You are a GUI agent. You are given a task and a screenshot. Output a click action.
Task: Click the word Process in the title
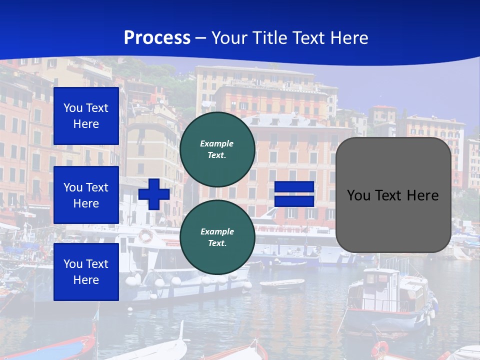157,38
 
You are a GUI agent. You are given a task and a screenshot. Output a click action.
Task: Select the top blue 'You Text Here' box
86,116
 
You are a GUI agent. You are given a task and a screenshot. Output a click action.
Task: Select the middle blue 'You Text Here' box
86,195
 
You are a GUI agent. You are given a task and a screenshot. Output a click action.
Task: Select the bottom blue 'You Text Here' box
86,272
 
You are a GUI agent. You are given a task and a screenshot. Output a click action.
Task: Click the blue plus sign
154,194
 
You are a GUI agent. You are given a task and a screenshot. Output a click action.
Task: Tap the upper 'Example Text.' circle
217,149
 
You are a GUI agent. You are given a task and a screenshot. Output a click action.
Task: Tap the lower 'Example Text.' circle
217,237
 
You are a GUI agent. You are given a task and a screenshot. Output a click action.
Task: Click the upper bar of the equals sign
294,187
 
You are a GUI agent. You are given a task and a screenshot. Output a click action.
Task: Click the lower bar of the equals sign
294,201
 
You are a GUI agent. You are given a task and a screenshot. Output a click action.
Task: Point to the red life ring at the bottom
380,348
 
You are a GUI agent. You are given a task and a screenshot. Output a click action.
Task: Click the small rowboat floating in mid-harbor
282,284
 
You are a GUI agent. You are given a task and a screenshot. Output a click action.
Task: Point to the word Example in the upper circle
217,143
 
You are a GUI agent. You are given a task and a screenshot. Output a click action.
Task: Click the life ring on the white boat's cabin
145,235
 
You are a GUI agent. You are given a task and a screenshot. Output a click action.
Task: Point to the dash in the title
201,38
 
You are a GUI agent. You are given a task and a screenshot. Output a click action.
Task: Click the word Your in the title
227,38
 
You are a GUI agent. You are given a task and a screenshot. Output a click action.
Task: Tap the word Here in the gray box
423,195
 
